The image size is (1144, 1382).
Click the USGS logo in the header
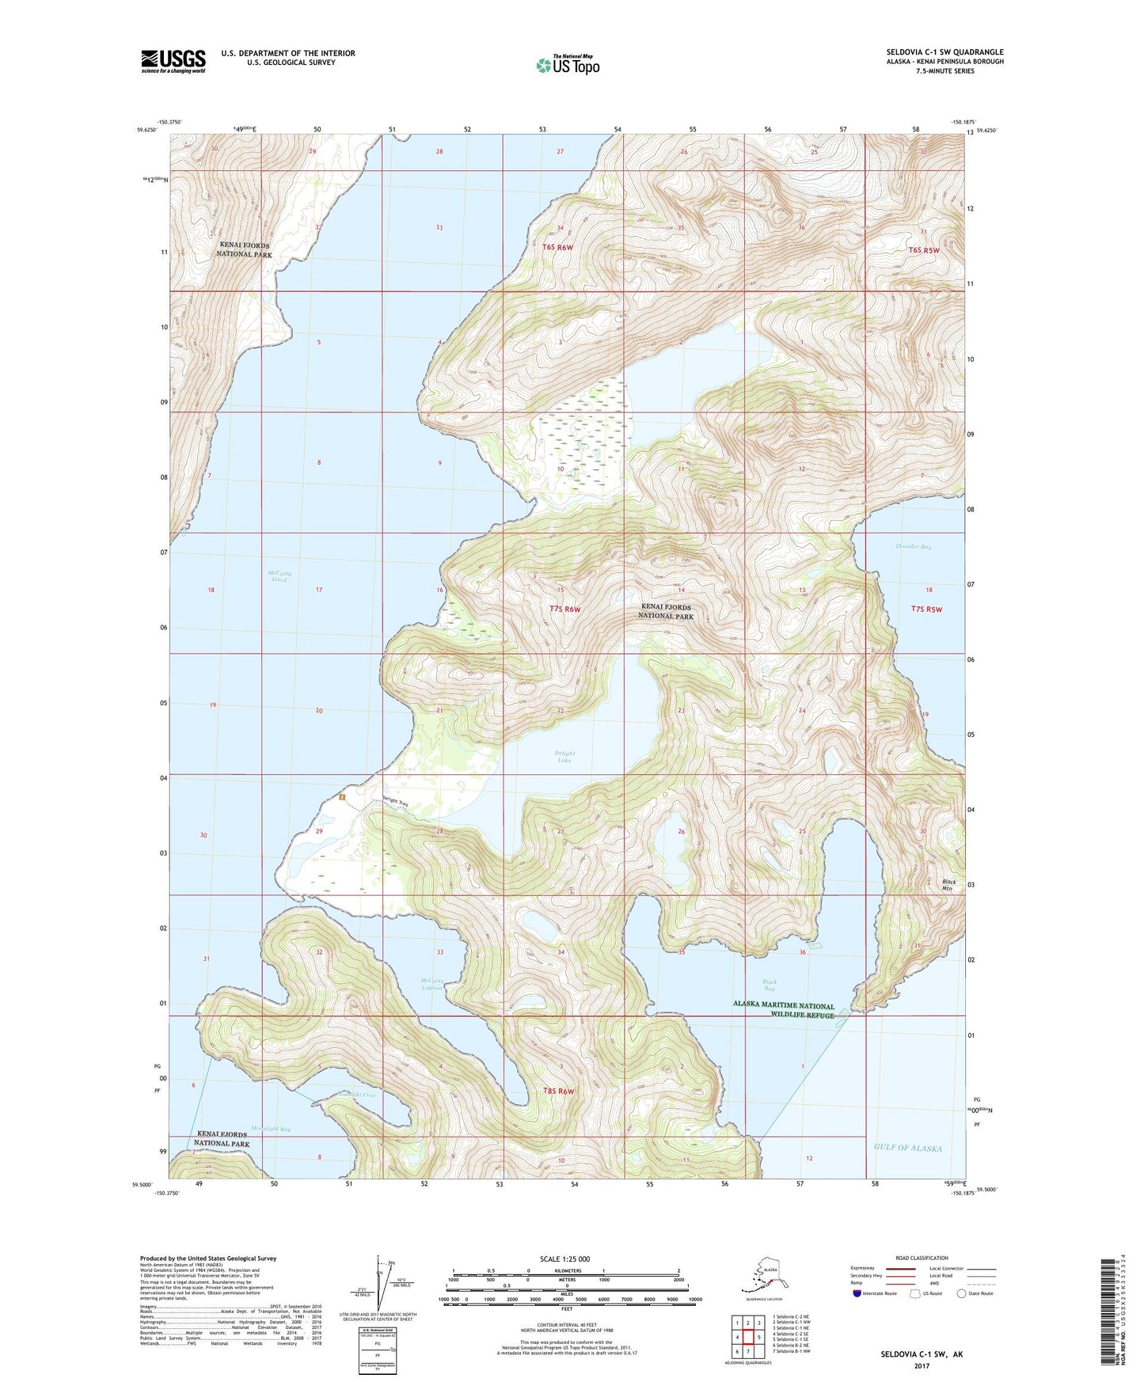click(173, 61)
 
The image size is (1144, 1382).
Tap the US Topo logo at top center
click(567, 64)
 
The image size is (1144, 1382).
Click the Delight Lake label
click(565, 757)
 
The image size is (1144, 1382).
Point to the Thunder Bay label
click(913, 546)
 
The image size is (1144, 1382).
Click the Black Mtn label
click(948, 885)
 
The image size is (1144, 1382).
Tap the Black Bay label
click(770, 985)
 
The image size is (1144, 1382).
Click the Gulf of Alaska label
click(908, 1148)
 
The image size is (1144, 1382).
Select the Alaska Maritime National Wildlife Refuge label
click(783, 1011)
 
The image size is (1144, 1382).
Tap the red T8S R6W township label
click(558, 1091)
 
